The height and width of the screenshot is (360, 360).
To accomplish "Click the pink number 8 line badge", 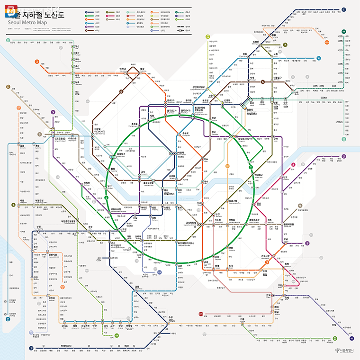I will (294, 165).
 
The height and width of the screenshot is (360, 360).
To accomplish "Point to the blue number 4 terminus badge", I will (319, 58).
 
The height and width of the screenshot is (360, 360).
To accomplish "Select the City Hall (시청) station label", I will (152, 115).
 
